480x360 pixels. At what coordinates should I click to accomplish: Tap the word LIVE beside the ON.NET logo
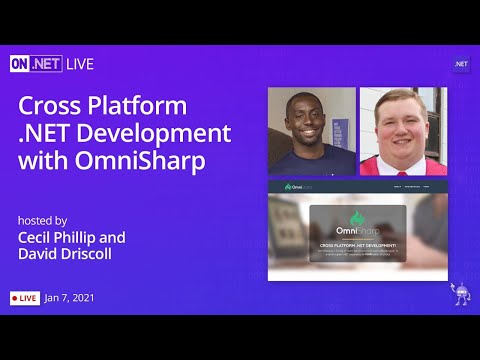80,64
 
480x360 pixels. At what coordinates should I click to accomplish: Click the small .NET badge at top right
461,64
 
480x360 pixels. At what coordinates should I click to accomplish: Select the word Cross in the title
54,106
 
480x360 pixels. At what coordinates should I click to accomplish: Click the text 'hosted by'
43,220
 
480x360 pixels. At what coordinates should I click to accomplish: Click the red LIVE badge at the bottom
25,298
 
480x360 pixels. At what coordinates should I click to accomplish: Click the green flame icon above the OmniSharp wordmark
357,218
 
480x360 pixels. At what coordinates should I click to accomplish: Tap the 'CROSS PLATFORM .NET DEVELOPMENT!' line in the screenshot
357,244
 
